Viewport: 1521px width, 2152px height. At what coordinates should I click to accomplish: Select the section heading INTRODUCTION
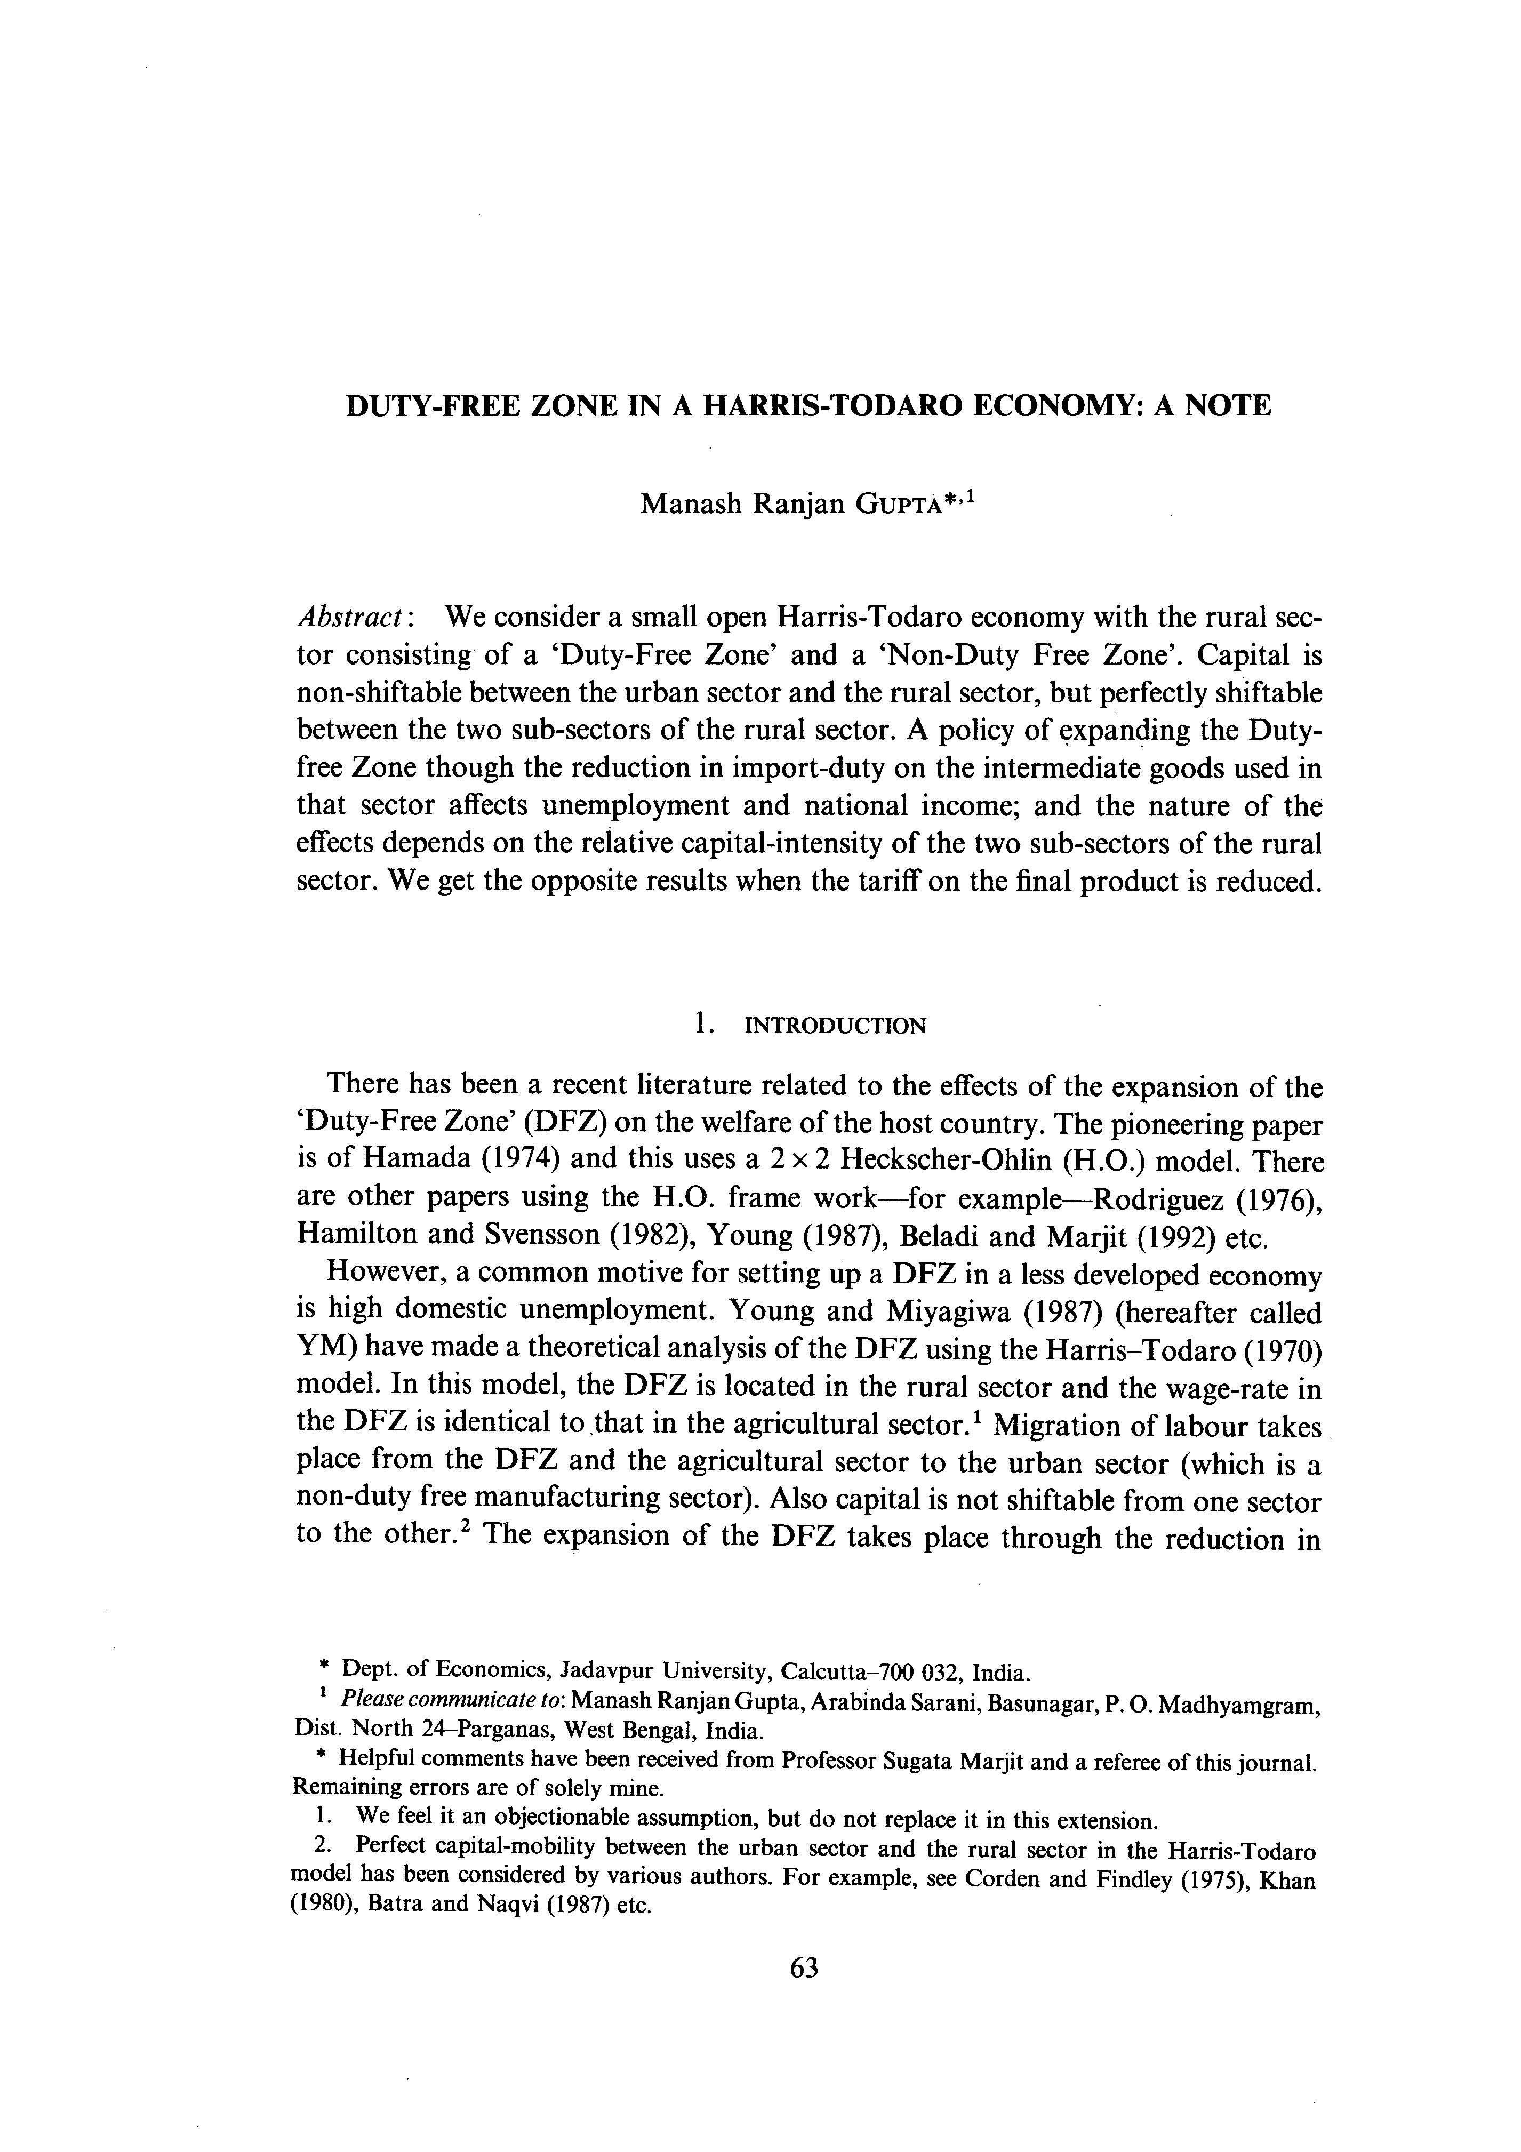(834, 1026)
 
